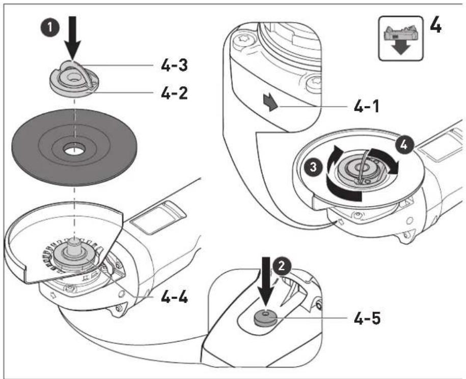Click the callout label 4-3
point(174,65)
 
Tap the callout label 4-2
point(174,93)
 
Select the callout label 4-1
point(367,106)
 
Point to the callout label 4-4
point(175,297)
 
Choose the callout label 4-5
point(367,319)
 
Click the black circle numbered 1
point(50,28)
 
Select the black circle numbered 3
point(313,167)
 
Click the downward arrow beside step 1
point(72,37)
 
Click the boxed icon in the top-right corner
point(401,38)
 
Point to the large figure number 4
point(435,27)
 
